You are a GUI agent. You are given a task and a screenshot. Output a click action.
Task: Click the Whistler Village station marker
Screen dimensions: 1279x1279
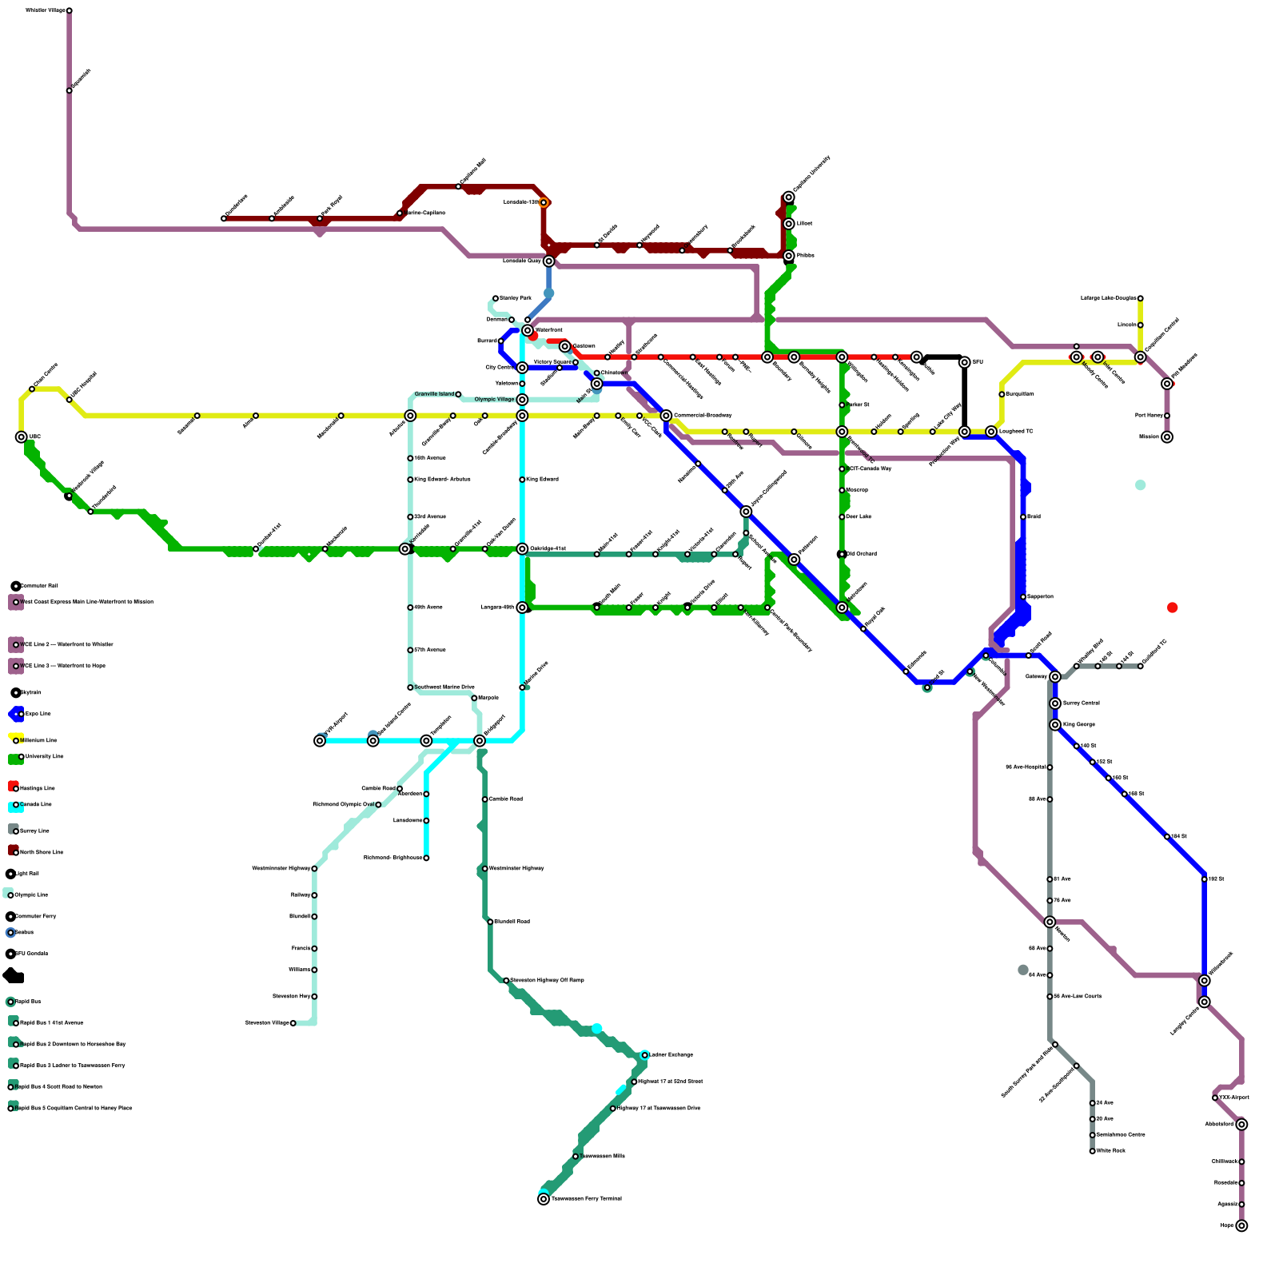[x=70, y=10]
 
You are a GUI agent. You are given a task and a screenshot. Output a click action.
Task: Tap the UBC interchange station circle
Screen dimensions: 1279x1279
[x=22, y=437]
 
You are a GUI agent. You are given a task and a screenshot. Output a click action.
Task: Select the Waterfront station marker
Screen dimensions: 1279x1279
[x=528, y=330]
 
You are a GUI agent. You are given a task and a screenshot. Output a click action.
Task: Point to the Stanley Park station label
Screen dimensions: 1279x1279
[x=515, y=298]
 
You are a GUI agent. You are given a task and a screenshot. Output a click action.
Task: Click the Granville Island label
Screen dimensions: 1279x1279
[x=434, y=394]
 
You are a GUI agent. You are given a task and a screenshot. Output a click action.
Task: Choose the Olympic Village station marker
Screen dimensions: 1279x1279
[x=522, y=400]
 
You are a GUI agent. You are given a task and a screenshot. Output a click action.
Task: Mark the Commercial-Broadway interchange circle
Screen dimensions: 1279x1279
[x=666, y=416]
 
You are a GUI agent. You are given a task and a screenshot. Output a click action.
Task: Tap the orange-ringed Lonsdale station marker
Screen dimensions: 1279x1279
[x=544, y=203]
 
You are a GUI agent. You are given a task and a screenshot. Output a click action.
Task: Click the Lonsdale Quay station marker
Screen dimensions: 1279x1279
[x=548, y=261]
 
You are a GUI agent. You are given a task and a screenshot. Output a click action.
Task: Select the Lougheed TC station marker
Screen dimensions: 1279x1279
[x=991, y=432]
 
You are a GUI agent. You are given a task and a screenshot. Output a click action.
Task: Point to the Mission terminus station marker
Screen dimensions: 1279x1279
[x=1167, y=437]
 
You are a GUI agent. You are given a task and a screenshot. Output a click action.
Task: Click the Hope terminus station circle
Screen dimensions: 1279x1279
[x=1241, y=1225]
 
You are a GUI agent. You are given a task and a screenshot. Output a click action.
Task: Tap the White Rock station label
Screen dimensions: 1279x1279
[x=1110, y=1151]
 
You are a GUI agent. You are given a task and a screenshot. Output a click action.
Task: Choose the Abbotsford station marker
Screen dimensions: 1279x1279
[x=1241, y=1125]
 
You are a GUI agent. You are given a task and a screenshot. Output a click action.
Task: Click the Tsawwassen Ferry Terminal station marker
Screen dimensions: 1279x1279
[x=544, y=1199]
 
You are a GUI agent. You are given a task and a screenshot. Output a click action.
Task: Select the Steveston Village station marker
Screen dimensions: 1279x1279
[x=293, y=1023]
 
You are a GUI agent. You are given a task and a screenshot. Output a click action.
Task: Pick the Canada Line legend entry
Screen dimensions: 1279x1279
[x=35, y=805]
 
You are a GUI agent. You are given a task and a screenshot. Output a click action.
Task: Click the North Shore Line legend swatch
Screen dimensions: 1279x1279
[x=14, y=851]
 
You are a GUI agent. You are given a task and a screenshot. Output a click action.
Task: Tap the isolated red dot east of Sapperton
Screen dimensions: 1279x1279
[x=1172, y=608]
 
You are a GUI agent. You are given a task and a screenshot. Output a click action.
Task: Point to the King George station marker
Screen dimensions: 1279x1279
[x=1055, y=725]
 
